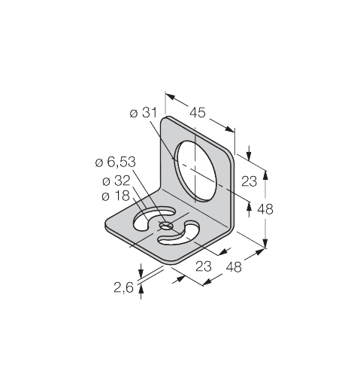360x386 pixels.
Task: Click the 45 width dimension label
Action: tap(198, 112)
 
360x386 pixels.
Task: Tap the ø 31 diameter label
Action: tap(144, 113)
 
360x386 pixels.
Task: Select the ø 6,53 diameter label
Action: tap(116, 162)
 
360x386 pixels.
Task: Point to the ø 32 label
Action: tap(116, 181)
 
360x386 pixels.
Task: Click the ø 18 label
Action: tap(116, 196)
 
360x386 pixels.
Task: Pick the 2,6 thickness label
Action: tap(124, 287)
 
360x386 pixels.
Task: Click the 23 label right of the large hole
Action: tap(250, 181)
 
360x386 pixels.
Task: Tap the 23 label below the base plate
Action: tap(204, 266)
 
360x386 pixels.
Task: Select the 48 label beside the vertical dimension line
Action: tap(265, 208)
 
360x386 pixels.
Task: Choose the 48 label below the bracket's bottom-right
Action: tap(234, 267)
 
